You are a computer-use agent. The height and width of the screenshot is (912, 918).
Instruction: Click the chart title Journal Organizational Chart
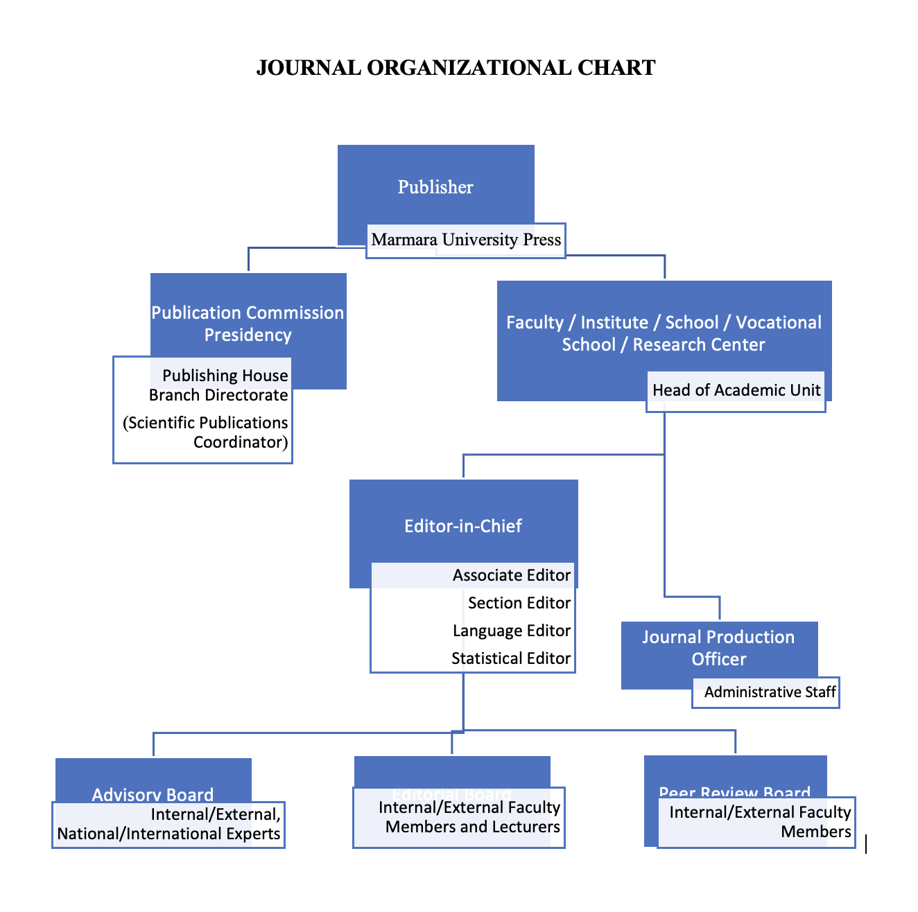pyautogui.click(x=456, y=68)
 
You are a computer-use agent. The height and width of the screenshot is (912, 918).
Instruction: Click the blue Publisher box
pyautogui.click(x=435, y=187)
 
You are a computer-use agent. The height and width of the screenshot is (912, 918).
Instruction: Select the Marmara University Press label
pyautogui.click(x=466, y=240)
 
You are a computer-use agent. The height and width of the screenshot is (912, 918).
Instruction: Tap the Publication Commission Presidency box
pyautogui.click(x=248, y=324)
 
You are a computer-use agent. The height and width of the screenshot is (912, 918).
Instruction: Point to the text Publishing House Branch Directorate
pyautogui.click(x=219, y=385)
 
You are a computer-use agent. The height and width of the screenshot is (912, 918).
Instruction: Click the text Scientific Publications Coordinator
pyautogui.click(x=206, y=432)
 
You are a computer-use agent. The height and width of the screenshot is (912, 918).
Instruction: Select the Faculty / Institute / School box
pyautogui.click(x=664, y=333)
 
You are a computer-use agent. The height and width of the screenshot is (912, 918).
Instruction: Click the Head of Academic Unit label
pyautogui.click(x=736, y=390)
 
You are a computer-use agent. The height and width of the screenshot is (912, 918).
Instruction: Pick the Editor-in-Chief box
pyautogui.click(x=463, y=526)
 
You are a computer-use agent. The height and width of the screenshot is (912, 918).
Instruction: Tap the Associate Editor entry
pyautogui.click(x=512, y=575)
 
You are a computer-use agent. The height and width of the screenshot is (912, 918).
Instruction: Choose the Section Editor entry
pyautogui.click(x=519, y=603)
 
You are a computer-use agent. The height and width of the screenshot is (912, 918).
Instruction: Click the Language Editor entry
pyautogui.click(x=512, y=631)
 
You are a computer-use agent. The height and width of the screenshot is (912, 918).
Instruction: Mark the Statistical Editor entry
pyautogui.click(x=511, y=658)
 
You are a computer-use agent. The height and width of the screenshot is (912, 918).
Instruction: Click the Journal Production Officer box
pyautogui.click(x=718, y=648)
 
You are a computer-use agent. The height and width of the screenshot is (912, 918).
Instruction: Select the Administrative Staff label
pyautogui.click(x=770, y=692)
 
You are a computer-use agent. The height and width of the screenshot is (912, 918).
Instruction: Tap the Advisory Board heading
pyautogui.click(x=153, y=794)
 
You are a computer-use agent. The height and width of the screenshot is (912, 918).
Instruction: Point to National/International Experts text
pyautogui.click(x=169, y=834)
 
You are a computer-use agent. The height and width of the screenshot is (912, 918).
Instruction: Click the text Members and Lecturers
pyautogui.click(x=473, y=827)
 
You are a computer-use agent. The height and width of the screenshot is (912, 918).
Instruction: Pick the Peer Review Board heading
pyautogui.click(x=734, y=791)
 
